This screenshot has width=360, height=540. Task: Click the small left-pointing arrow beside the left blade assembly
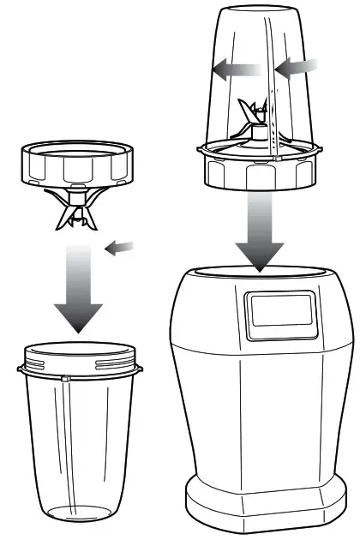tap(120, 248)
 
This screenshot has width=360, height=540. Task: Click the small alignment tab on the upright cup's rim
tap(65, 376)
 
